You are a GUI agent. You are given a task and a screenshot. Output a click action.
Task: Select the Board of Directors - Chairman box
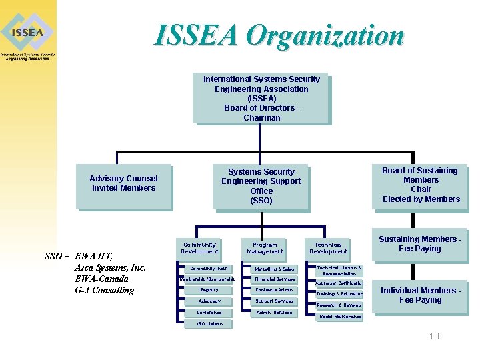(261, 98)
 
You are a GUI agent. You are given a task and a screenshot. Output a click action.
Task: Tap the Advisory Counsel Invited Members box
(123, 183)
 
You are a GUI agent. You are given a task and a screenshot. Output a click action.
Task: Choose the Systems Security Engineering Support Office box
(261, 186)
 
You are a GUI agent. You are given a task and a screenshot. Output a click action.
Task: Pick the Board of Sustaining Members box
(421, 185)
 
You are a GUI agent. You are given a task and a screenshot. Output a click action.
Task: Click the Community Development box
(199, 248)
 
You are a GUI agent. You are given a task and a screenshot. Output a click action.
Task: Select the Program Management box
(265, 248)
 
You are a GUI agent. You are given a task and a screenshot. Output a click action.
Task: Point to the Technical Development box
(328, 248)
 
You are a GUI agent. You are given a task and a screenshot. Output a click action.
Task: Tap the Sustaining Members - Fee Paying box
(420, 244)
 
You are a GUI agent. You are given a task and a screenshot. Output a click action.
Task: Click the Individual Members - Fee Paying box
(420, 295)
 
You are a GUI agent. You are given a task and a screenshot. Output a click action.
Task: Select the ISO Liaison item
(209, 324)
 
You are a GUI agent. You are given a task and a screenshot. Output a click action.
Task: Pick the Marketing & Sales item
(274, 269)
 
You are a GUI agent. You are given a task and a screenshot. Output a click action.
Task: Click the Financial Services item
(274, 279)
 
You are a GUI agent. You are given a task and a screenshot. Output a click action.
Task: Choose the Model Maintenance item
(341, 317)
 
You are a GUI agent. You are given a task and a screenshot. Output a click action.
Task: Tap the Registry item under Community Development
(209, 290)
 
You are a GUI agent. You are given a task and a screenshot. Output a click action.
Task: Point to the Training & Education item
(339, 294)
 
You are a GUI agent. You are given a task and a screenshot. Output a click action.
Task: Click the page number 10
(434, 336)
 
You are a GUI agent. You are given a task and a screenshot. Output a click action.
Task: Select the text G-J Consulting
(105, 290)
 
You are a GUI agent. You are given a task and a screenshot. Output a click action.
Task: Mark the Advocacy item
(209, 301)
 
